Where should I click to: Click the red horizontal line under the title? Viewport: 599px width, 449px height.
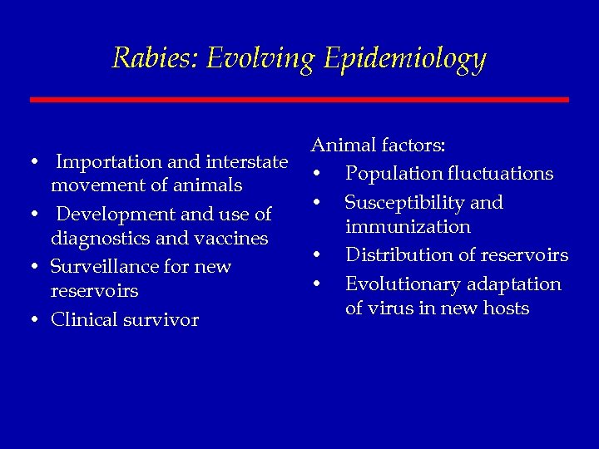(x=299, y=100)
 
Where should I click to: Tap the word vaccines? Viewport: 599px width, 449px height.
(x=227, y=239)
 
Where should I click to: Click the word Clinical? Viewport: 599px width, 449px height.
(x=87, y=320)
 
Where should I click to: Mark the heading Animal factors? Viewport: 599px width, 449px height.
(x=379, y=146)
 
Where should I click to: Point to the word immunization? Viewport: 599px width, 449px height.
(x=408, y=227)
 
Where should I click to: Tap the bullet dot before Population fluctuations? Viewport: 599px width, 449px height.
(x=318, y=175)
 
